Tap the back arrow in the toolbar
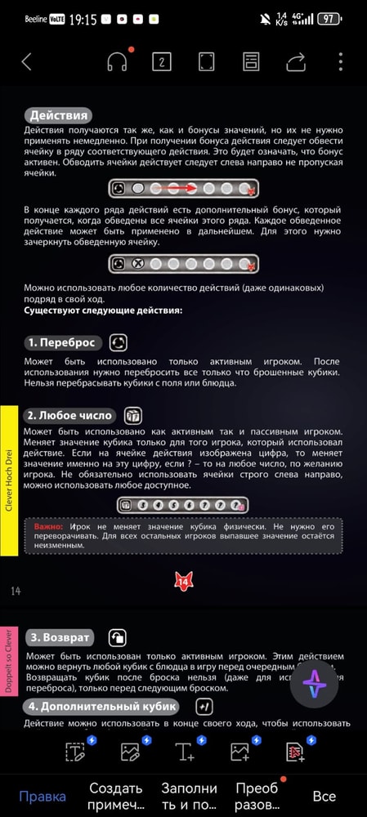[27, 61]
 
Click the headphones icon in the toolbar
[118, 61]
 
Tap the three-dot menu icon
[340, 61]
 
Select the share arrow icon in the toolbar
[296, 61]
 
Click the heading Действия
[57, 115]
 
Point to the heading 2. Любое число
[70, 416]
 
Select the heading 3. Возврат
[60, 636]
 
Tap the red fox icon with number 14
[183, 581]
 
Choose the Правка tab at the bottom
[43, 797]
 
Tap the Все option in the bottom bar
[324, 797]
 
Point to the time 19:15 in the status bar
[83, 18]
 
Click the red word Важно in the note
[49, 527]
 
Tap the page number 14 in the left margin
[16, 591]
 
